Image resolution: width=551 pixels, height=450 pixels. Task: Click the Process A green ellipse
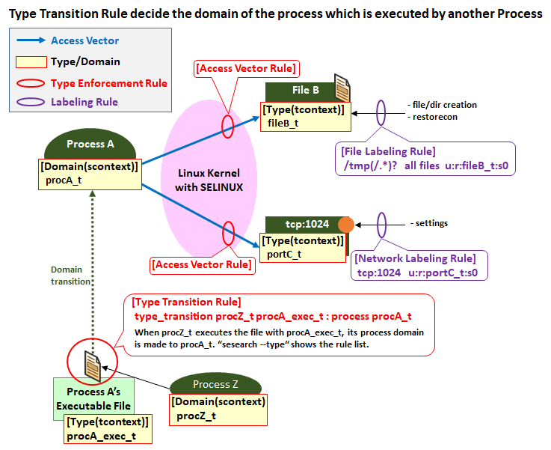point(90,145)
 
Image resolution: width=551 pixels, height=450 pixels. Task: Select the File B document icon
point(342,88)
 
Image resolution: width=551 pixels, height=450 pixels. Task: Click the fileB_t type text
point(283,124)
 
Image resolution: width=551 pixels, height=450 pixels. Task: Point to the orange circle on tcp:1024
point(345,225)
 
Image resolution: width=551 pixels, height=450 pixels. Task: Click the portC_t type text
point(283,254)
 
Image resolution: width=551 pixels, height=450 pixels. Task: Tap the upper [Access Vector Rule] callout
point(246,69)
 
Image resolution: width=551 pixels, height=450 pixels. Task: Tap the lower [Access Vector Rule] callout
point(201,264)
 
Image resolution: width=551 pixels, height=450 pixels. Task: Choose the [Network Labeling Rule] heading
point(415,258)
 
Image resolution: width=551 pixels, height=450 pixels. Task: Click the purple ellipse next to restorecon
point(381,113)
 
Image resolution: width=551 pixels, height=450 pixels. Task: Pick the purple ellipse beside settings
point(381,223)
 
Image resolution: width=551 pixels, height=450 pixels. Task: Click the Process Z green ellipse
point(215,384)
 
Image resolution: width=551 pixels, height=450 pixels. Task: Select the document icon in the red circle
point(92,363)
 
